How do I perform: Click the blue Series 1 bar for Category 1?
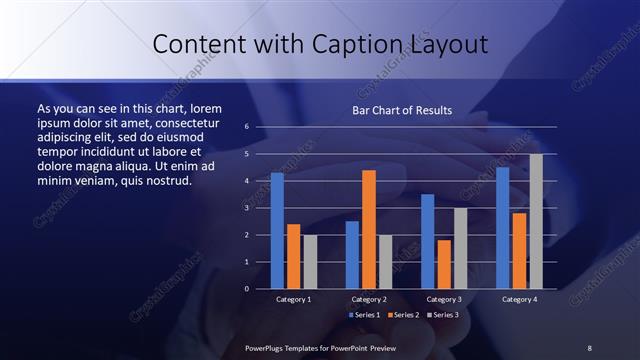click(x=277, y=231)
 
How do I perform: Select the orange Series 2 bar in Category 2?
click(x=368, y=229)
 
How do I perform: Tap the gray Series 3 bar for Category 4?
click(x=536, y=221)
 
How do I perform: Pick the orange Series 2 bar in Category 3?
click(x=443, y=264)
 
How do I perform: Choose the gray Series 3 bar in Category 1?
click(x=310, y=262)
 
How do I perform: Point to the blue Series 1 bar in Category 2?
click(x=352, y=255)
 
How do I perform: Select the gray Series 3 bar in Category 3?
click(x=460, y=248)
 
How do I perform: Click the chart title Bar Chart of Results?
click(x=402, y=110)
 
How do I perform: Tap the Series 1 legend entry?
click(x=364, y=315)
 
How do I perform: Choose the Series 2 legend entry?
click(x=402, y=315)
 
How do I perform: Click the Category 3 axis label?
click(x=443, y=299)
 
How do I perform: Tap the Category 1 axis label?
click(x=294, y=299)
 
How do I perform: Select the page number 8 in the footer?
click(x=589, y=347)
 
